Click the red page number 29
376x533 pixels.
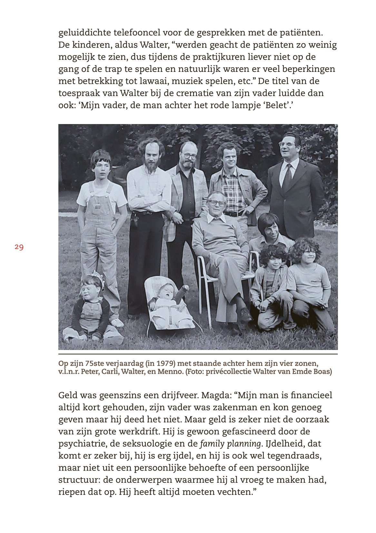[x=19, y=247]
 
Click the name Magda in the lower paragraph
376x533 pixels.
[x=217, y=395]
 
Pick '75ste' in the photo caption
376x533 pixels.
[x=91, y=363]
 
